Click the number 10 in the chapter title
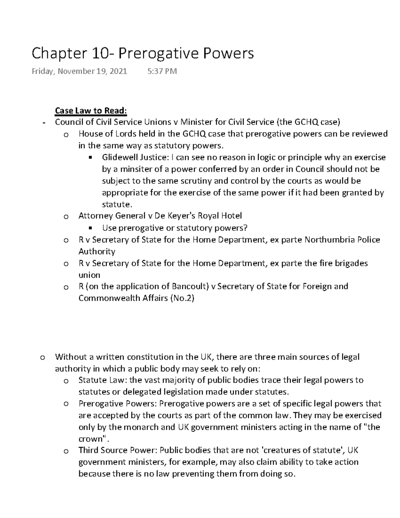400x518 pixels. click(x=99, y=53)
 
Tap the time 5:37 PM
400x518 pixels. click(x=162, y=71)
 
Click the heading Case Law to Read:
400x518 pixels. click(x=91, y=110)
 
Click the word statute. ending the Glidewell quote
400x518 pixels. click(x=115, y=204)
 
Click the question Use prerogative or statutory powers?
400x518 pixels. click(x=175, y=228)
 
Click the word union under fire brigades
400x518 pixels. click(x=89, y=275)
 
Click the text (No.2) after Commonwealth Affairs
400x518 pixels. click(x=182, y=298)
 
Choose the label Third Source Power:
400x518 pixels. click(x=117, y=450)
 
